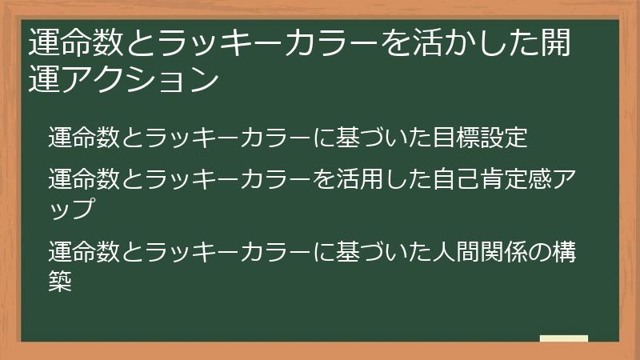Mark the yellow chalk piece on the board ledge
tap(564, 338)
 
